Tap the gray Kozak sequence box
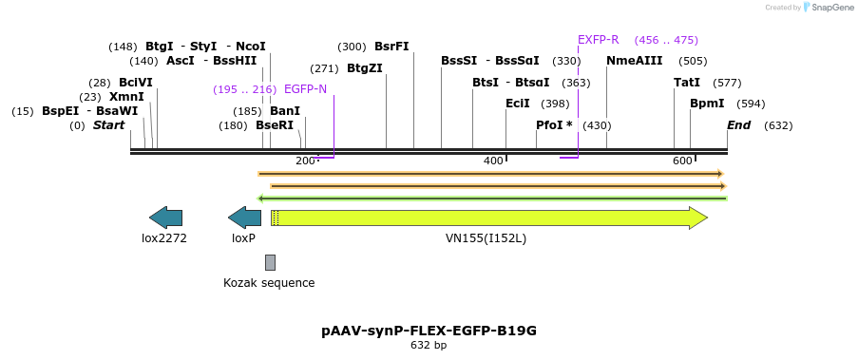270,262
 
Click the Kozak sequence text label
269,282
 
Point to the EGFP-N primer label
305,89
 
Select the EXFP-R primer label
598,40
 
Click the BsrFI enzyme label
391,47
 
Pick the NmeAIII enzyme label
634,61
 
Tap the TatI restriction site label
686,83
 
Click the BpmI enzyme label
707,104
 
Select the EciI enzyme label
518,104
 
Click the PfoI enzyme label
554,125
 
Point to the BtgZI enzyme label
365,68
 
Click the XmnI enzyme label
126,97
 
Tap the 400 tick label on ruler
492,161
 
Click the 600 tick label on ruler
681,161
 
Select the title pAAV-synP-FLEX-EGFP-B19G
429,331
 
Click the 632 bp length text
429,346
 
